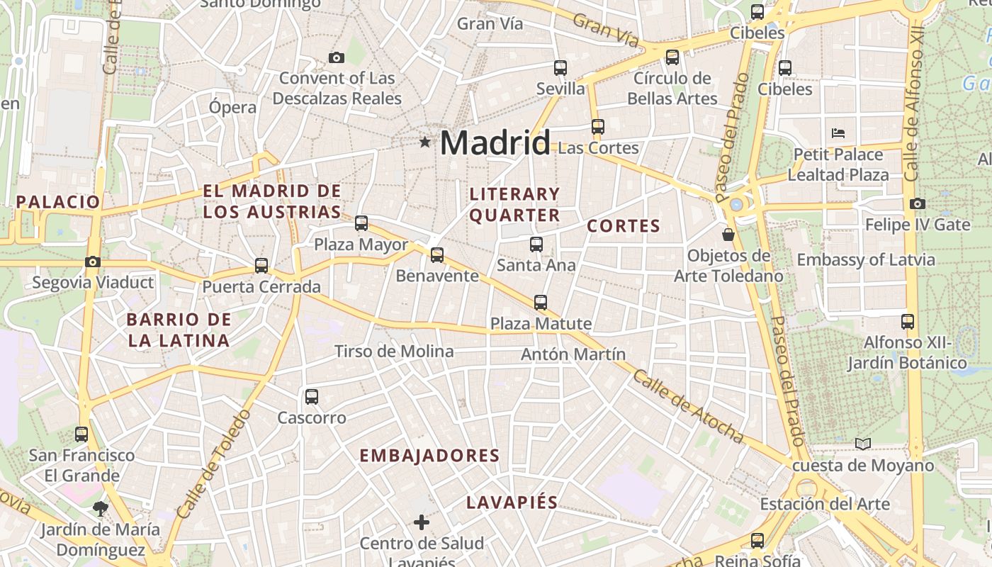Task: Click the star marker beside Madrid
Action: (425, 142)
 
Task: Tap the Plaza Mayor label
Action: (361, 245)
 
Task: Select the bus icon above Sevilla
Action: (560, 68)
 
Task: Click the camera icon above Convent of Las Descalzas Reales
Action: (337, 57)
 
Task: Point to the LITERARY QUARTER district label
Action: (515, 204)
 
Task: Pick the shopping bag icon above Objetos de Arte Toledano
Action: (728, 234)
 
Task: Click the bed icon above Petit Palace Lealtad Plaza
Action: (838, 133)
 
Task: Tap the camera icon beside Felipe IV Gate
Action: (918, 204)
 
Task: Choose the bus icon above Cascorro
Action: (312, 397)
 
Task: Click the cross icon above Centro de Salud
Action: (422, 523)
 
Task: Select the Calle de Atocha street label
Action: (687, 407)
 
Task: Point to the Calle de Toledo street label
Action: (214, 464)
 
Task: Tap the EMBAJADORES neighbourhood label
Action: (430, 456)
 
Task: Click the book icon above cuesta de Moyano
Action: (862, 444)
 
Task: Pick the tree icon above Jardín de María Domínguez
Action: (100, 508)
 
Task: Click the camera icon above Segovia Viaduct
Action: (93, 262)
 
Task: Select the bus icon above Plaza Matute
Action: (541, 303)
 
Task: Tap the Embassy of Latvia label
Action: (866, 260)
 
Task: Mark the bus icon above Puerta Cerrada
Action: (261, 266)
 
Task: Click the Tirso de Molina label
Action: (394, 352)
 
